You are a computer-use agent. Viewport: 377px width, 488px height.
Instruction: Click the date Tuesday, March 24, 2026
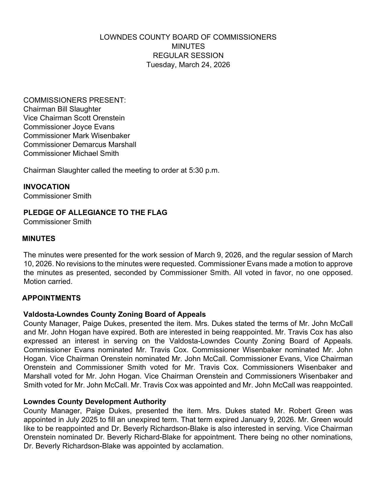pos(188,65)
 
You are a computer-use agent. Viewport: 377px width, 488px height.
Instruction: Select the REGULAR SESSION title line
pos(188,56)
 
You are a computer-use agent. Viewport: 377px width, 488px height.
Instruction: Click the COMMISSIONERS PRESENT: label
pos(75,100)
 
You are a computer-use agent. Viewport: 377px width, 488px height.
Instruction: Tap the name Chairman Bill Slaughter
pos(62,109)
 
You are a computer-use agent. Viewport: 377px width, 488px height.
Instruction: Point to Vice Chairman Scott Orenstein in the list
pos(74,118)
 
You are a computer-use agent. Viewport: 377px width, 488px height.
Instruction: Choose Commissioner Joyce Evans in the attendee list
pos(69,127)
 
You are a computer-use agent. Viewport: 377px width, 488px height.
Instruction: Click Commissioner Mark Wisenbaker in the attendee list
pos(77,136)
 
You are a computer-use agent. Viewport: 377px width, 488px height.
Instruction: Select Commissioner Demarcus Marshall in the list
pos(80,145)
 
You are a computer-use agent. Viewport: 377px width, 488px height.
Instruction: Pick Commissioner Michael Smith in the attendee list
pos(71,153)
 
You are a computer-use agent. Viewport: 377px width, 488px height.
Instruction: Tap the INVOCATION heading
pos(46,187)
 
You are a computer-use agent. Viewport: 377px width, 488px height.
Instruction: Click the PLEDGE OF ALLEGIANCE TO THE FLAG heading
pos(95,213)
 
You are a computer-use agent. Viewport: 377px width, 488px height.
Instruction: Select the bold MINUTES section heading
pos(39,239)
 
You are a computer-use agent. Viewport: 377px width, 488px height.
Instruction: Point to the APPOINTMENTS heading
pos(51,298)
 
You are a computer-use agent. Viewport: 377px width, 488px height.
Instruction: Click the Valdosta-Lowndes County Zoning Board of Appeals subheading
pos(114,314)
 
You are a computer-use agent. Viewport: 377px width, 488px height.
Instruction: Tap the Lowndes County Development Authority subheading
pos(95,402)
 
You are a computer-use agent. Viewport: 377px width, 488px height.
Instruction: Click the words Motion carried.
pos(48,282)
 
